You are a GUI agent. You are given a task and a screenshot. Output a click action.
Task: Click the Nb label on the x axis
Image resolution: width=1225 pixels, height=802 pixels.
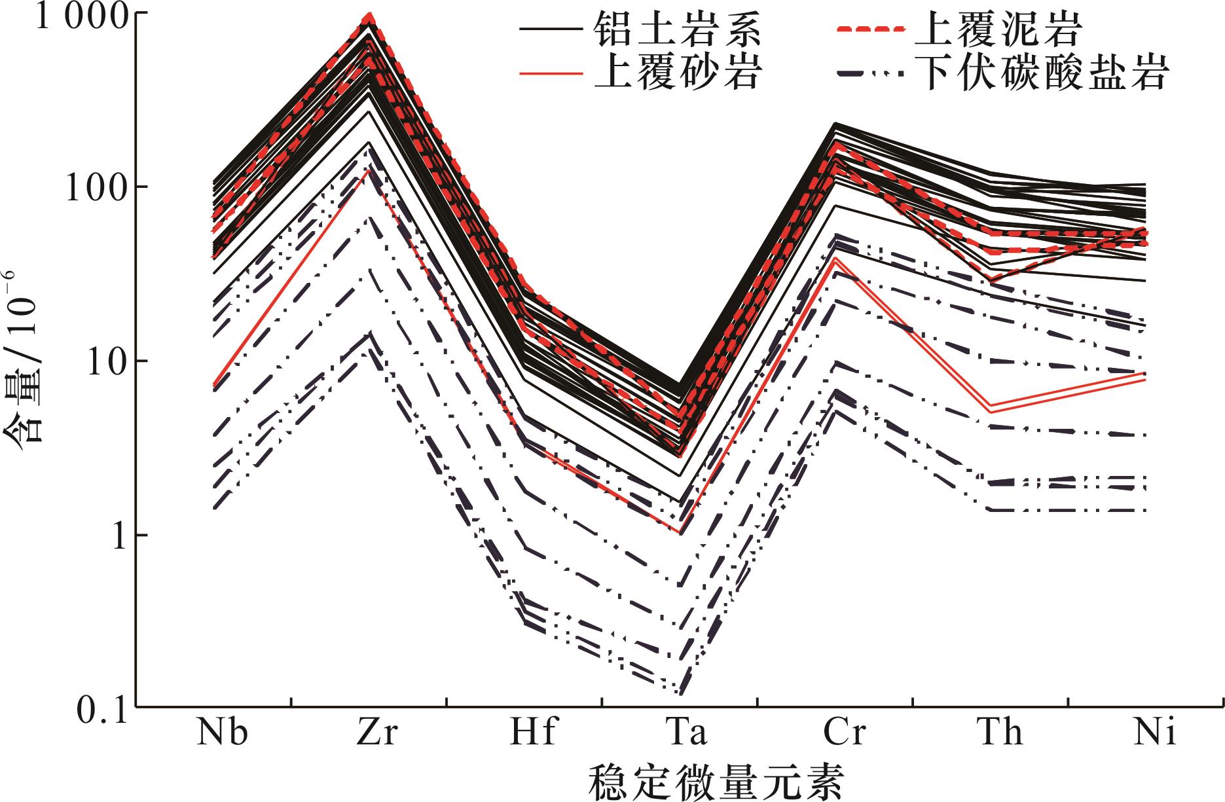point(223,733)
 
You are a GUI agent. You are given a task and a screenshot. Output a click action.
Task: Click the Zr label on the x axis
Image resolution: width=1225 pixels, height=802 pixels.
point(377,733)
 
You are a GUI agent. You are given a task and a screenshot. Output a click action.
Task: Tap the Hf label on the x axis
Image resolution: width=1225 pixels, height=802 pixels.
point(532,733)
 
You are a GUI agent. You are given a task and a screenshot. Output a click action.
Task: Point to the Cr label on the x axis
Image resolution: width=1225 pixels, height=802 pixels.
point(844,733)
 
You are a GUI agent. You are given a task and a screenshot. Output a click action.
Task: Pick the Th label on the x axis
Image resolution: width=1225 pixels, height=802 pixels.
point(1000,733)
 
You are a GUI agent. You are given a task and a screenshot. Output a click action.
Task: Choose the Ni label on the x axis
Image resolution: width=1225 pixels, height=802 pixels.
point(1156,733)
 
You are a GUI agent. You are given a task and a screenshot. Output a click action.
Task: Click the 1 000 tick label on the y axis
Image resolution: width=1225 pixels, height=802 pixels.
point(71,16)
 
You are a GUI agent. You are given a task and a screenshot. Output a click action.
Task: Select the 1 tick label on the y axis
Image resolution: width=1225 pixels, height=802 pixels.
point(118,536)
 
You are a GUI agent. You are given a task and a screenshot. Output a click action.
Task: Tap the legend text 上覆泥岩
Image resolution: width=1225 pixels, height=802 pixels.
point(1001,30)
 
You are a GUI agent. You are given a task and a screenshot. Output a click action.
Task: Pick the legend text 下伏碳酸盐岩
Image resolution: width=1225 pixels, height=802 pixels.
point(1043,72)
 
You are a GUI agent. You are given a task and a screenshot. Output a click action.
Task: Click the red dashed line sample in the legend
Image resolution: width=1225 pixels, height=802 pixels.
point(871,29)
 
